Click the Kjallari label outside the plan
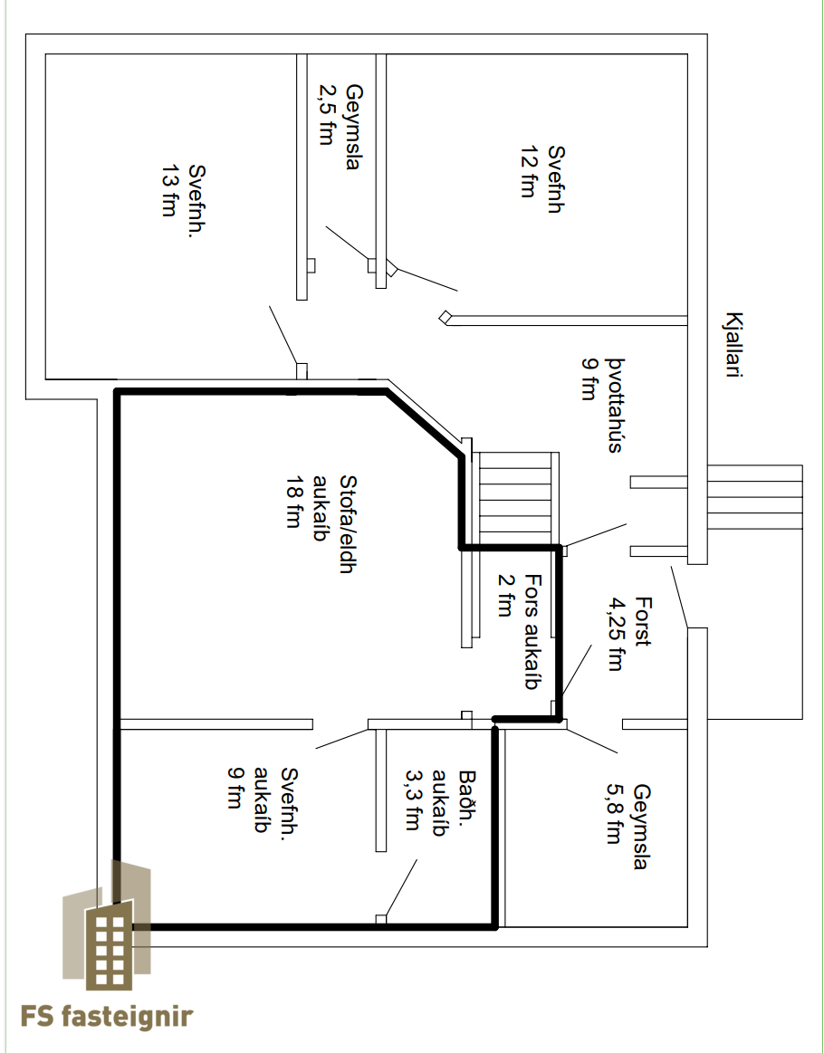pyautogui.click(x=734, y=344)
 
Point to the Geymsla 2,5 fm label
pyautogui.click(x=340, y=127)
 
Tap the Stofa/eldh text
pyautogui.click(x=347, y=524)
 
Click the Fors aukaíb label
pyautogui.click(x=532, y=631)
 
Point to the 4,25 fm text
pyautogui.click(x=615, y=634)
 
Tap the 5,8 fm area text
pyautogui.click(x=614, y=814)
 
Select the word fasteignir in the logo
pyautogui.click(x=128, y=1018)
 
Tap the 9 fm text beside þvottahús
pyautogui.click(x=589, y=379)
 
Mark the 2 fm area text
pyautogui.click(x=505, y=595)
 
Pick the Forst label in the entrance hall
pyautogui.click(x=643, y=622)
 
